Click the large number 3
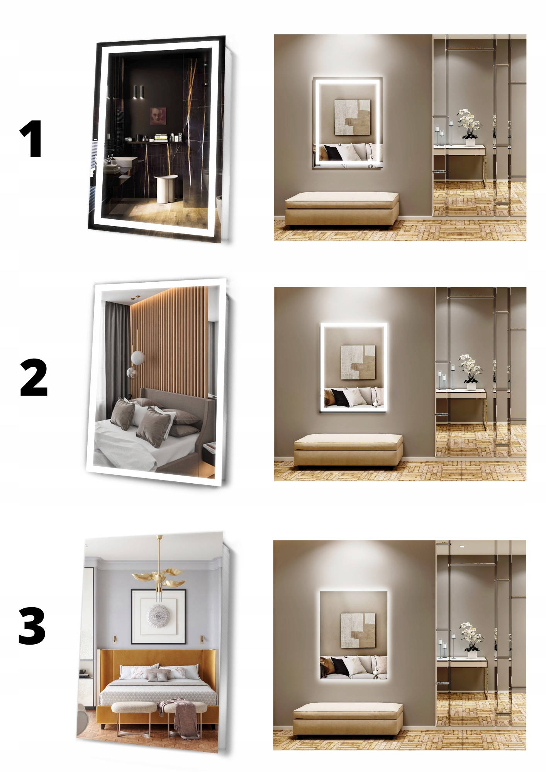point(32,626)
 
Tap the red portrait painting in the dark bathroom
point(158,116)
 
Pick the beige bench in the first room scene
point(342,208)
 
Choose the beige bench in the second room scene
point(348,450)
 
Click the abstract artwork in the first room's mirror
point(352,117)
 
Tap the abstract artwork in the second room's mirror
point(358,362)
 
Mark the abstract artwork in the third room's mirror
point(358,630)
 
